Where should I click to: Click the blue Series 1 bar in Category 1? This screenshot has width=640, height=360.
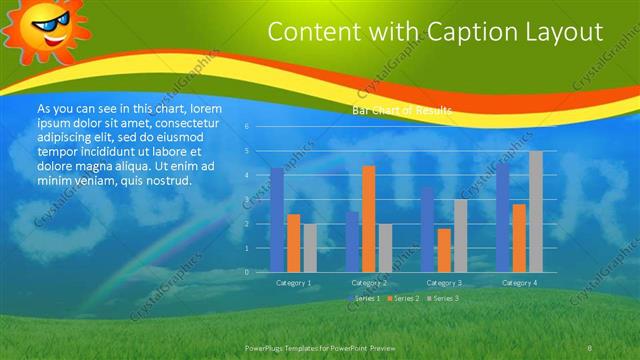click(x=277, y=220)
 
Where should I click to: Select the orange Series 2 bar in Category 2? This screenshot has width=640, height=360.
click(x=368, y=219)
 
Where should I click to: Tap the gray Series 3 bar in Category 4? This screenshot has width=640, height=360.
click(x=536, y=211)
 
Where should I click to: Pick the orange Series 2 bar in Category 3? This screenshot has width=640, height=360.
click(x=444, y=250)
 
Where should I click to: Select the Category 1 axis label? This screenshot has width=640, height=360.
click(x=294, y=283)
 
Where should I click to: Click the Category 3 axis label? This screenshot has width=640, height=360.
click(x=444, y=283)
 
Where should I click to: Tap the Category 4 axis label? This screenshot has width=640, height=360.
click(x=519, y=283)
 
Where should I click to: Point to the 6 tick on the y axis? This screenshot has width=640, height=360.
click(x=247, y=127)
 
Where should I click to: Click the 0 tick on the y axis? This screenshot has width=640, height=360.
click(x=247, y=272)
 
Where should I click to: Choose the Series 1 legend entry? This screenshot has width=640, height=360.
click(x=364, y=299)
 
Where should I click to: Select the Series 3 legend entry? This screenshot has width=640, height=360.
click(x=443, y=299)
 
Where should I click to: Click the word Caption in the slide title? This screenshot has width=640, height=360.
click(x=466, y=32)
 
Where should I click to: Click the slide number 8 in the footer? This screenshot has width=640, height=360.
click(x=590, y=347)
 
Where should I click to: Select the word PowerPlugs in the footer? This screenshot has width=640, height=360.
click(x=268, y=347)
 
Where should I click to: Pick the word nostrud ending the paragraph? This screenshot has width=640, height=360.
click(x=165, y=180)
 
